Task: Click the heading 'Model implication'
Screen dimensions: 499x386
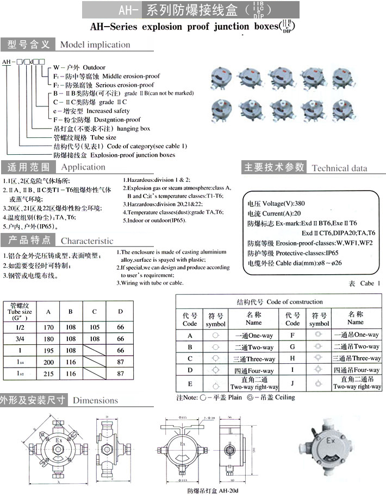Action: click(x=95, y=45)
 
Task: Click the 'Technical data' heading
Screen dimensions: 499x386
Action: click(x=339, y=168)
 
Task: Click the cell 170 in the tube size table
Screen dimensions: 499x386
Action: click(x=49, y=327)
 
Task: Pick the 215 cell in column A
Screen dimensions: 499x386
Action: click(x=49, y=374)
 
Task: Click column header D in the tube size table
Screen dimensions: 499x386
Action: click(x=120, y=312)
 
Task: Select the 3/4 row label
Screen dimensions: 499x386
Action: click(x=21, y=339)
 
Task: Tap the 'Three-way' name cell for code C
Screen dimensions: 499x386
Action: click(x=254, y=359)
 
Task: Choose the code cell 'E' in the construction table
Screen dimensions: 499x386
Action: click(x=190, y=384)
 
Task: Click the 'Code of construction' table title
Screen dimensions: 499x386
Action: click(x=279, y=301)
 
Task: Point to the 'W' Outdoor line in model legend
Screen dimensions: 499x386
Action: click(x=79, y=67)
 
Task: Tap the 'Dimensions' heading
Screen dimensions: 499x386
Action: click(x=95, y=400)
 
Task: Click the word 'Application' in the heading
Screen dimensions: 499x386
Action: click(x=83, y=167)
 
